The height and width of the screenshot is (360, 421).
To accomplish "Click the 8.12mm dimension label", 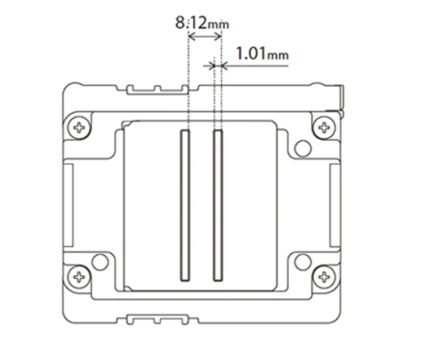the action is coord(202,23).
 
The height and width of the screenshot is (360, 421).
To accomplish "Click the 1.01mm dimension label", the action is coord(263,53).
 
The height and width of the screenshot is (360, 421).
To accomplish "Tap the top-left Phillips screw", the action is coord(79,127).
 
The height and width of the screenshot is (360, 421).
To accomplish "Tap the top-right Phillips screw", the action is coord(324,127).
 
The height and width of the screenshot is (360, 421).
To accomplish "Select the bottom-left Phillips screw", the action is coord(79,276).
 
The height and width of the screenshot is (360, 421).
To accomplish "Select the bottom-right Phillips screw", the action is coord(324,276).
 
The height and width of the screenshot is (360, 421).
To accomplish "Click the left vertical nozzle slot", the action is coord(185,205).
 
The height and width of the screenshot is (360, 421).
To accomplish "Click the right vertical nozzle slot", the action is coord(217,205).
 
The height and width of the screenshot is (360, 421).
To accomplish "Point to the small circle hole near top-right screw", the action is coord(303,149).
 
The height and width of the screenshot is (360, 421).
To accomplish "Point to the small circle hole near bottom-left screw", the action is coord(100,262).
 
